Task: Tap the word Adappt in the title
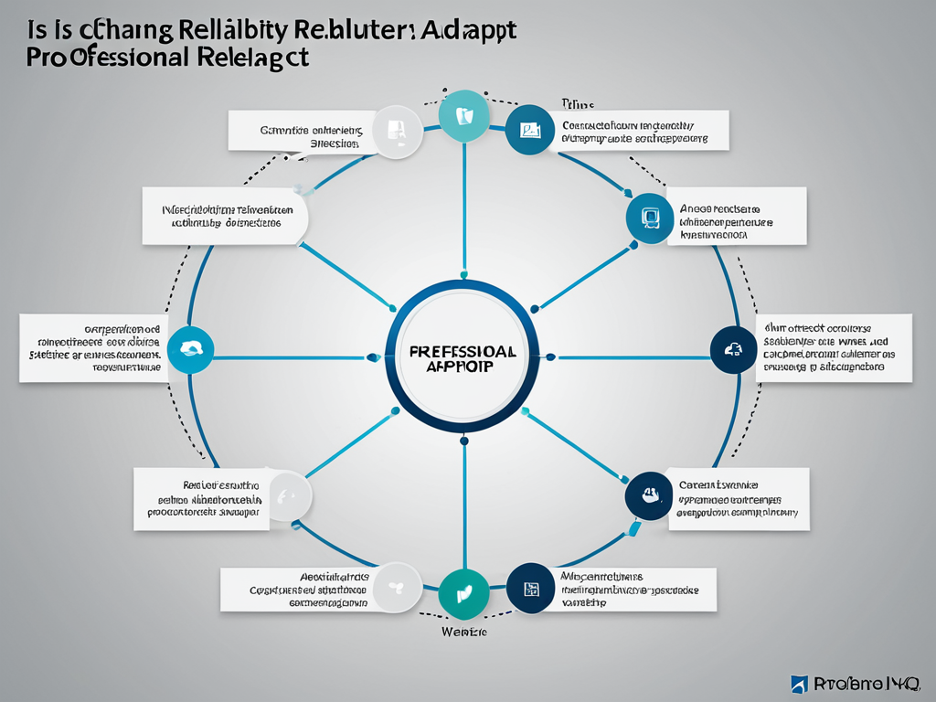pyautogui.click(x=469, y=28)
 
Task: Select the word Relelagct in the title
pyautogui.click(x=252, y=58)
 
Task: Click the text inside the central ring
pyautogui.click(x=463, y=357)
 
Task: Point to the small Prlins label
pyautogui.click(x=575, y=105)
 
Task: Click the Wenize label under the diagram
pyautogui.click(x=463, y=632)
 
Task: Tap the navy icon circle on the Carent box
pyautogui.click(x=647, y=496)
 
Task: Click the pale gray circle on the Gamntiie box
pyautogui.click(x=396, y=131)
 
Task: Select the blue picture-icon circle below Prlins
pyautogui.click(x=529, y=129)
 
